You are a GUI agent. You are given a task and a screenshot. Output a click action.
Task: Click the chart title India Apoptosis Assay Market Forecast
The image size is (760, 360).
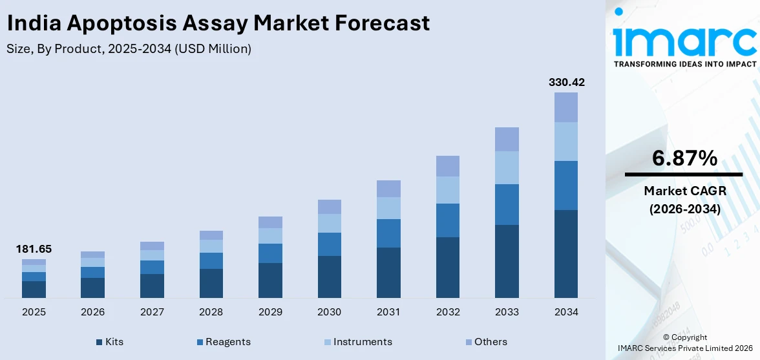[218, 23]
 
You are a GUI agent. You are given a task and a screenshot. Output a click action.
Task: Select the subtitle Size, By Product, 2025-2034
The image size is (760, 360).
[129, 48]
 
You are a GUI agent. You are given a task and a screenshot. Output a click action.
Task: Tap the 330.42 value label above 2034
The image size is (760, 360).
[566, 82]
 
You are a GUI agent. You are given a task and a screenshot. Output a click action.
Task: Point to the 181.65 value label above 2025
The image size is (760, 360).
[34, 249]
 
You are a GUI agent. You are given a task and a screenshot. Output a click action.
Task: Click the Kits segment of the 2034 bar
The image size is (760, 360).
[566, 253]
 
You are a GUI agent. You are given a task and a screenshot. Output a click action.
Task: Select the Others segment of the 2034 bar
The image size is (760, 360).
[566, 107]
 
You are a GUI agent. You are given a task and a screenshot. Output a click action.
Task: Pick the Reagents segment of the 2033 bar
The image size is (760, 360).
[507, 204]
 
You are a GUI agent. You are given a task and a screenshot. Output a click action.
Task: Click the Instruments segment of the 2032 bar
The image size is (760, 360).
[447, 190]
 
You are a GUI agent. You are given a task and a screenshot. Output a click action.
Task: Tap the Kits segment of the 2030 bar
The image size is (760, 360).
[329, 277]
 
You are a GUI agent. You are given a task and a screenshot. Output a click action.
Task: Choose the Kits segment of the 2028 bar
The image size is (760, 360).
[211, 283]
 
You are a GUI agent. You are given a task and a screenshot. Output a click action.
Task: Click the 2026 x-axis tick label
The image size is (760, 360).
[92, 312]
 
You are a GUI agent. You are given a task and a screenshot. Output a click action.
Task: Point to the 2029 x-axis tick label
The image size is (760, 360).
[270, 312]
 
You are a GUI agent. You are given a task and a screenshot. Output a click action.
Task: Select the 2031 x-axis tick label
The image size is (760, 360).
[388, 312]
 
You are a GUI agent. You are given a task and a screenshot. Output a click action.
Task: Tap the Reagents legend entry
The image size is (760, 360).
[224, 342]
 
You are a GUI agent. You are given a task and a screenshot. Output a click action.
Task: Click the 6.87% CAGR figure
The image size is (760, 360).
[684, 158]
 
